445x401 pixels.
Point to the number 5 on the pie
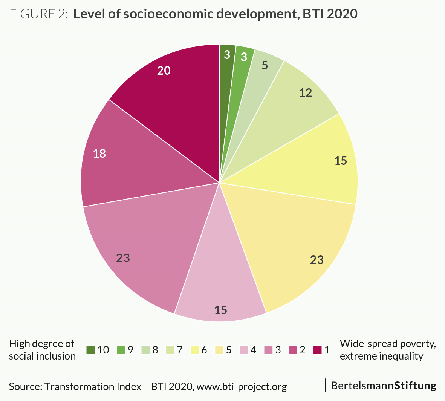tap(265, 65)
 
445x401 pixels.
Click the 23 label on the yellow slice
tap(317, 260)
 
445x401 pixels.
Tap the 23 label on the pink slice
tap(123, 258)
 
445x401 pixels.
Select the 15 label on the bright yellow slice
tap(341, 161)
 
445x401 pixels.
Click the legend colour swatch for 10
tap(90, 350)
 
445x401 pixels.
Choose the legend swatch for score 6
tap(194, 350)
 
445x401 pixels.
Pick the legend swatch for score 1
tap(317, 350)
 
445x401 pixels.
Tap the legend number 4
tap(253, 350)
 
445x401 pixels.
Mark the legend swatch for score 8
tap(145, 350)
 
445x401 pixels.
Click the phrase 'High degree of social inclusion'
tap(42, 350)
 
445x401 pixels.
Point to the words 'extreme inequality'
tap(381, 356)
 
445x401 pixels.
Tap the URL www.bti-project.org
tap(242, 387)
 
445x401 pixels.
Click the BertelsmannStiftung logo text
tap(384, 386)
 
